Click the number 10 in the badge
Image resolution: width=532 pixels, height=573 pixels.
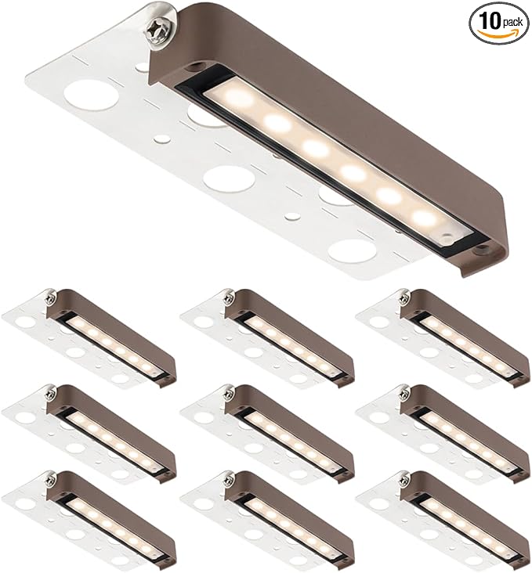490,22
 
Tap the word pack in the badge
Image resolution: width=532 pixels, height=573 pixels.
512,23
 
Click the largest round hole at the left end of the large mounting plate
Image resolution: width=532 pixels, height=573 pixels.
89,95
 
